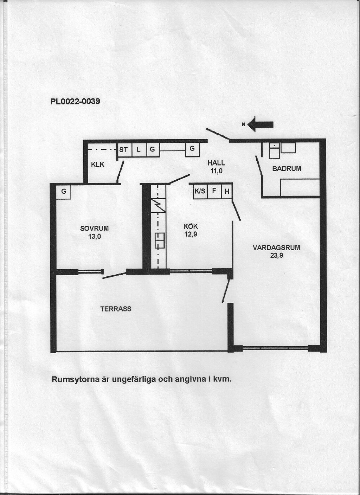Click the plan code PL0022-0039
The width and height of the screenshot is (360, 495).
[75, 102]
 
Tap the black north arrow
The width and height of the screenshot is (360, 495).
[261, 124]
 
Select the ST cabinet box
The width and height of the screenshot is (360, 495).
[124, 150]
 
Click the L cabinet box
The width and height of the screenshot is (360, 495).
[139, 150]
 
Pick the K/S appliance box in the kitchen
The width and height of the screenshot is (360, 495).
[200, 191]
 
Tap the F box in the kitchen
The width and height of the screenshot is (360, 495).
[214, 191]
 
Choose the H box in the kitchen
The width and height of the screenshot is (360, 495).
[227, 191]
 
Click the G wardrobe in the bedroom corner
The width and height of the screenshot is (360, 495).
[64, 192]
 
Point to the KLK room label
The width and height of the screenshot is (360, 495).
[98, 165]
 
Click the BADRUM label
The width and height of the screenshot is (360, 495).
[287, 169]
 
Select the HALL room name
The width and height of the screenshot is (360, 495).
[216, 163]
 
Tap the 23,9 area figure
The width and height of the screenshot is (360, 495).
[276, 256]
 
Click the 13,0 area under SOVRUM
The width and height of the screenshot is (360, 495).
[94, 237]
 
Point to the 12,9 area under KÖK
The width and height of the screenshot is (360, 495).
[191, 234]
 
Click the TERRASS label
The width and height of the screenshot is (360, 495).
[116, 309]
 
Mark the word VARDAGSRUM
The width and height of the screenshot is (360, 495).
[276, 248]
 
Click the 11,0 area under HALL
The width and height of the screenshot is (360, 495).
[216, 171]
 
